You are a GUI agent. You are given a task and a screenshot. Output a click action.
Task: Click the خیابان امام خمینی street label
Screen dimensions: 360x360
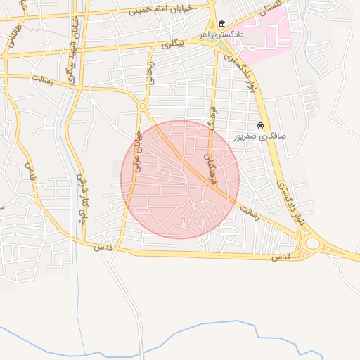(x=159, y=11)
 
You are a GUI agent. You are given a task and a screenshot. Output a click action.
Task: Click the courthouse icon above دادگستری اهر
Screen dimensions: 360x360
(x=222, y=25)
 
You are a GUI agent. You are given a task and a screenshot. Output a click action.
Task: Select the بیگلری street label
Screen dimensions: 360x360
(x=172, y=44)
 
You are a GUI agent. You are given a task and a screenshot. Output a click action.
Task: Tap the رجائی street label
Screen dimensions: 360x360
(x=149, y=73)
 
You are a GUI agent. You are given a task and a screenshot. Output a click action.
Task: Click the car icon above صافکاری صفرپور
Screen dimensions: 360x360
(x=261, y=125)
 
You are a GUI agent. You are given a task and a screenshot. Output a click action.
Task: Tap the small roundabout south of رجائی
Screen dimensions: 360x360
(x=143, y=106)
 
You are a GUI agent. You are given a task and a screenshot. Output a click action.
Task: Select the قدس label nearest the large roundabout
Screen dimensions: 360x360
(x=281, y=258)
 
